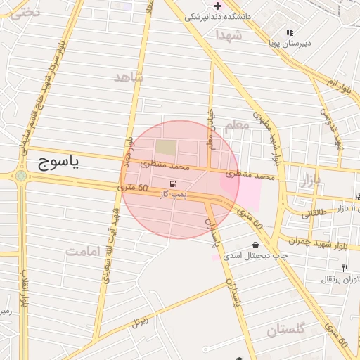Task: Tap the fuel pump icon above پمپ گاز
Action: [x=173, y=184]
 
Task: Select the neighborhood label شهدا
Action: [x=229, y=34]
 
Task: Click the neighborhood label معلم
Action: [x=237, y=124]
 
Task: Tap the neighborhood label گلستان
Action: [x=286, y=329]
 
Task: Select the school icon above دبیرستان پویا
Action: [x=290, y=32]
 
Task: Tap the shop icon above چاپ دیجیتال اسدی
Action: [x=255, y=245]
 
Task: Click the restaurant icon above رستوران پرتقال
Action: [x=345, y=268]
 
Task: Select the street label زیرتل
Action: [x=140, y=323]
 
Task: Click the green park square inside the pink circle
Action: [x=166, y=148]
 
